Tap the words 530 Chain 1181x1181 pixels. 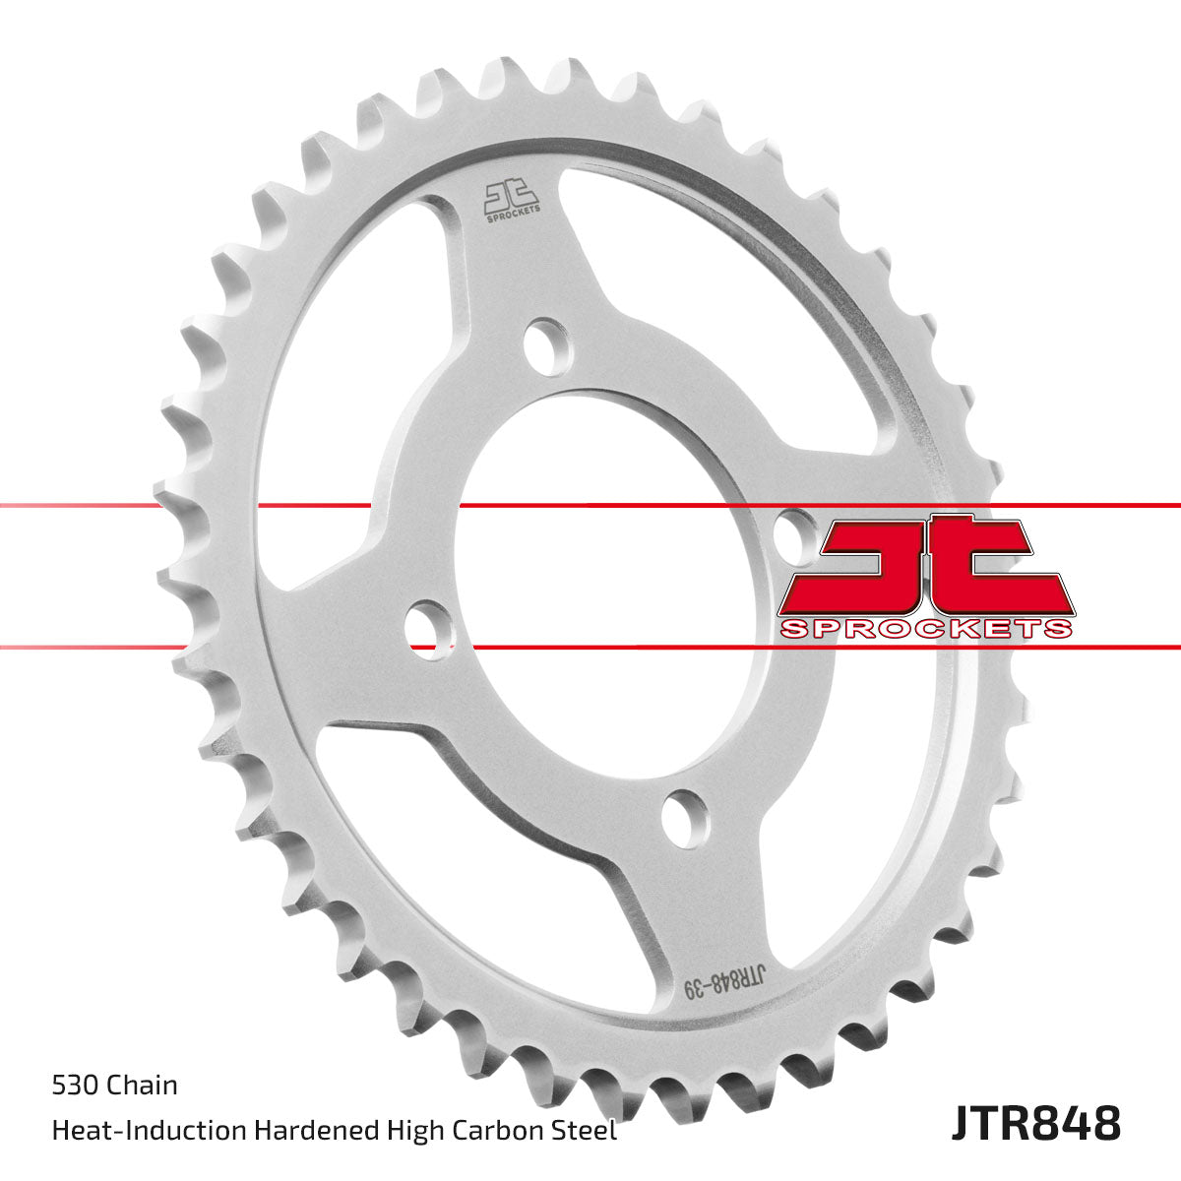(114, 1086)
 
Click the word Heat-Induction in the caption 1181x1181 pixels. (150, 1130)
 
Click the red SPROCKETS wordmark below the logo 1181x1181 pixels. (925, 628)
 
